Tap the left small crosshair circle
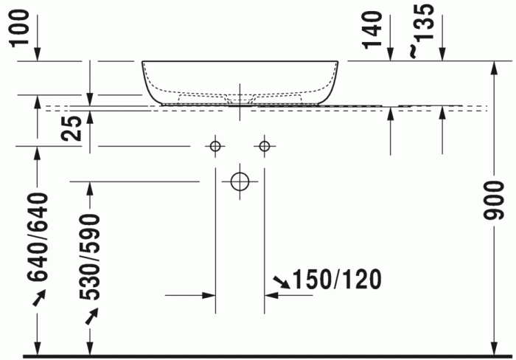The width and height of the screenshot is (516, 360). (215, 146)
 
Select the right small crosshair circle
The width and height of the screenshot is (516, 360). (265, 146)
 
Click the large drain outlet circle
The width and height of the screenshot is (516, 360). (240, 181)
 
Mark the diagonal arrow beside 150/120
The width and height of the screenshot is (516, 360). (281, 281)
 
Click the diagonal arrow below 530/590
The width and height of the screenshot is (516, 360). (91, 316)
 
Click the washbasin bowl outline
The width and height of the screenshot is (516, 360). (240, 81)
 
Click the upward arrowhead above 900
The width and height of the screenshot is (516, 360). (494, 68)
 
